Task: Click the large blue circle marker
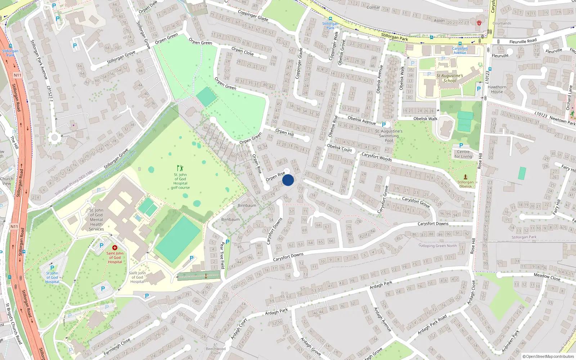coord(288,180)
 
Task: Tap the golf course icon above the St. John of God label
coord(180,168)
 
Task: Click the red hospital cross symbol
coord(115,248)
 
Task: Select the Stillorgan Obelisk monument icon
coord(465,177)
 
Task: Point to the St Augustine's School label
coord(450,78)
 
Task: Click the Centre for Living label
coord(463,154)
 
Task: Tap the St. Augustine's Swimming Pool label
coord(389,136)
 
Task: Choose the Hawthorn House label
coord(497,89)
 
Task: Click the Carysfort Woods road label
coord(377,157)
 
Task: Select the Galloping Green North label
coord(437,246)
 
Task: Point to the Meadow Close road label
coord(547,277)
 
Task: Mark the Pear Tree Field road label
coord(222,255)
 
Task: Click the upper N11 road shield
coord(18,75)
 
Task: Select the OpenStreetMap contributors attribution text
coord(548,356)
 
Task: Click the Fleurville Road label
coord(523,41)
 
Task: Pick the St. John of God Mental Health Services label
coord(96,220)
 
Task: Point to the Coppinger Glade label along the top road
coord(253,15)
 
